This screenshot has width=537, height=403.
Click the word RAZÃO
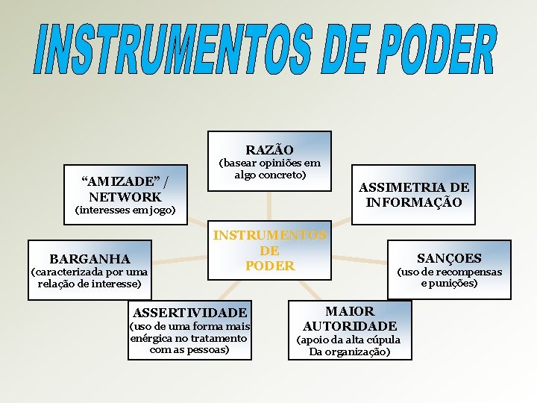pos(269,150)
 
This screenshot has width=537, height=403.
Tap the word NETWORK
pos(125,197)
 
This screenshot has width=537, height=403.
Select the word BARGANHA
pos(89,259)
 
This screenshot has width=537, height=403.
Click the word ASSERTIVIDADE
pos(189,312)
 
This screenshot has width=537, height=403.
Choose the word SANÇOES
pos(449,258)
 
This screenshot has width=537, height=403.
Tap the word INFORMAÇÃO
pos(414,202)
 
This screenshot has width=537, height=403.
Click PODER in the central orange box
pos(269,266)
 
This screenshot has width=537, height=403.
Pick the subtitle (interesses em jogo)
pos(125,210)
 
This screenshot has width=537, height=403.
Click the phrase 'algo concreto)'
pos(270,175)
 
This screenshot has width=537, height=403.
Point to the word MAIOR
pos(350,311)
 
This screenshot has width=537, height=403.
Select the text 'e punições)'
pos(449,283)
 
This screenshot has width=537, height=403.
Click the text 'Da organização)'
pos(349,352)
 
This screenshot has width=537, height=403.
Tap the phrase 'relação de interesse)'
pos(89,284)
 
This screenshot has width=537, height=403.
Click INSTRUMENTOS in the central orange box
pos(269,236)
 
